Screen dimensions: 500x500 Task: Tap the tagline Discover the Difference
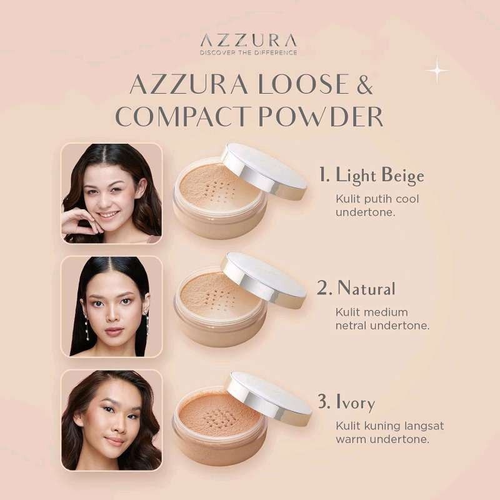click(x=249, y=52)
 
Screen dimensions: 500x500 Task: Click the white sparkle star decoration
click(x=436, y=72)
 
